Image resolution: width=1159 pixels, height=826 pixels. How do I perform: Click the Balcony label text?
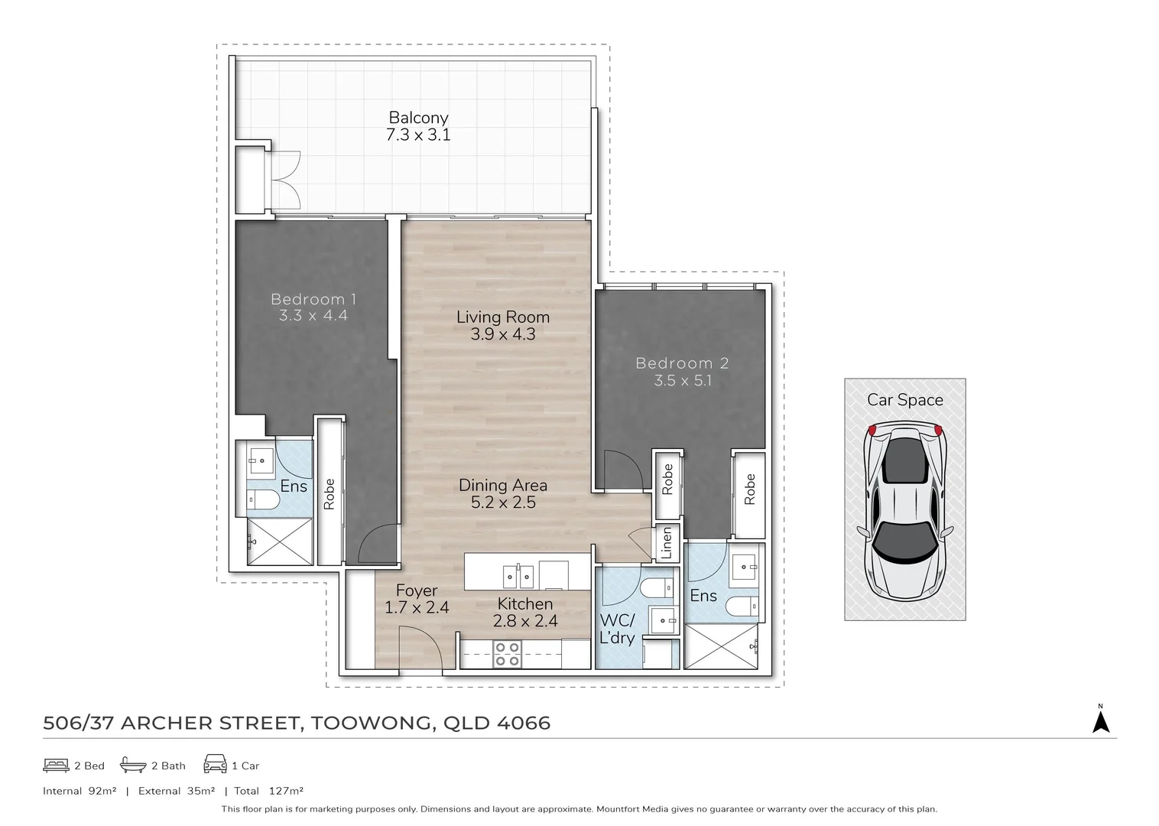coord(417,118)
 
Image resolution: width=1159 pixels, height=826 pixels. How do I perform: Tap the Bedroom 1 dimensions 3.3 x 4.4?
coord(313,315)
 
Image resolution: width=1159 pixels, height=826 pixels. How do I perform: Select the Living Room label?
coord(502,317)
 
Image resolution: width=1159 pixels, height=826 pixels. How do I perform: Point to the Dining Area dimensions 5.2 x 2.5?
coord(502,502)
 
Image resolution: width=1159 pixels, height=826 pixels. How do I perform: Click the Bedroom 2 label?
coord(682,363)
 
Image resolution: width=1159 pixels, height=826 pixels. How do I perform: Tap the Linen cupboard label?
coord(666,542)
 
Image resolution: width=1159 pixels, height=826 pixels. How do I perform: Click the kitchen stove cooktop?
coord(507,654)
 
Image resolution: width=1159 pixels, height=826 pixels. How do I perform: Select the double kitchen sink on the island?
coord(518,574)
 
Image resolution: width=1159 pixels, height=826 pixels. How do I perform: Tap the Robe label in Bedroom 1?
coord(330,494)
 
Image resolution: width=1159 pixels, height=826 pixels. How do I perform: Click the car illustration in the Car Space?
coord(904,511)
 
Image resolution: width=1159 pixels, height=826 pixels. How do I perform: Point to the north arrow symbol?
coord(1100,720)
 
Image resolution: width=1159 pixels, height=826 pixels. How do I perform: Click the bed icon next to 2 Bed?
coord(56,765)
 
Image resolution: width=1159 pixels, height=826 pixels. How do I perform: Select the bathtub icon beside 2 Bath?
coord(133,765)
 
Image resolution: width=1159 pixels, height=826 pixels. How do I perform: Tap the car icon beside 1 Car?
coord(215,765)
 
